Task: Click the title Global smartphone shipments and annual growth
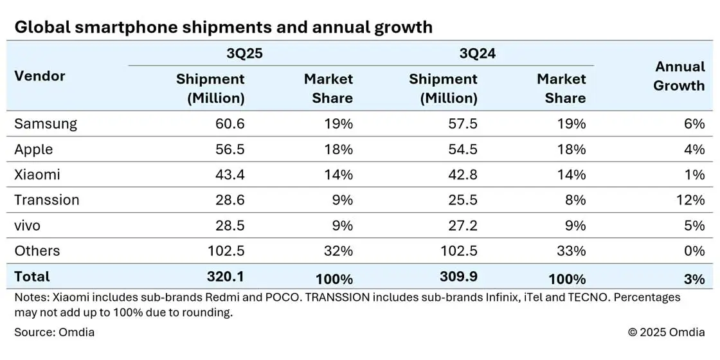pyautogui.click(x=223, y=27)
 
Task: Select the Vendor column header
pyautogui.click(x=40, y=76)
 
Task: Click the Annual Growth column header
pyautogui.click(x=679, y=76)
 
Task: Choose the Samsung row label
pyautogui.click(x=46, y=123)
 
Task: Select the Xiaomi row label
pyautogui.click(x=37, y=174)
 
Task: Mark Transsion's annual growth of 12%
pyautogui.click(x=690, y=200)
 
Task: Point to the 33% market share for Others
pyautogui.click(x=571, y=251)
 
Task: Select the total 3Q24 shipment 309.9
pyautogui.click(x=459, y=277)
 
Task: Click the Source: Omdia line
pyautogui.click(x=54, y=332)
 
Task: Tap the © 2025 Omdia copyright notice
pyautogui.click(x=666, y=332)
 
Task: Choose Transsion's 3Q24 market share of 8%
pyautogui.click(x=575, y=200)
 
